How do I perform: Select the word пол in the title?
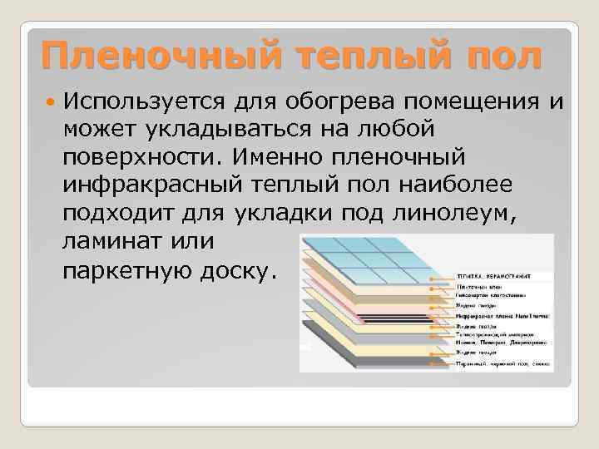(499, 57)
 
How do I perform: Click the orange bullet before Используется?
(52, 101)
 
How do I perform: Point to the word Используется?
(140, 101)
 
